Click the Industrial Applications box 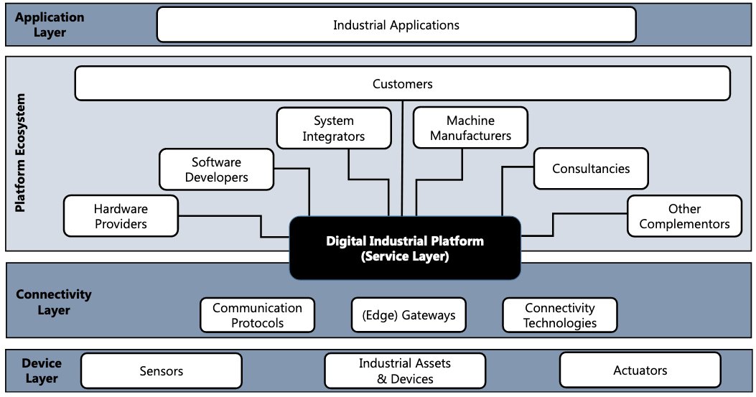pyautogui.click(x=396, y=25)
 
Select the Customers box pyautogui.click(x=402, y=84)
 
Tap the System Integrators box pyautogui.click(x=334, y=129)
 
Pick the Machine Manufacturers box pyautogui.click(x=470, y=129)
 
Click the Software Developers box pyautogui.click(x=216, y=169)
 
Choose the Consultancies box pyautogui.click(x=590, y=169)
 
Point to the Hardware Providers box pyautogui.click(x=121, y=216)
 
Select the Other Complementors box pyautogui.click(x=684, y=216)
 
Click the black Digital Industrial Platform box pyautogui.click(x=405, y=248)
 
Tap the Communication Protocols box pyautogui.click(x=257, y=315)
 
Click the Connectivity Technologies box pyautogui.click(x=559, y=315)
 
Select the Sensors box pyautogui.click(x=161, y=371)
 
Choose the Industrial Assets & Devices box pyautogui.click(x=397, y=371)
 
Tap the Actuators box pyautogui.click(x=640, y=370)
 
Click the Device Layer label pyautogui.click(x=40, y=371)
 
